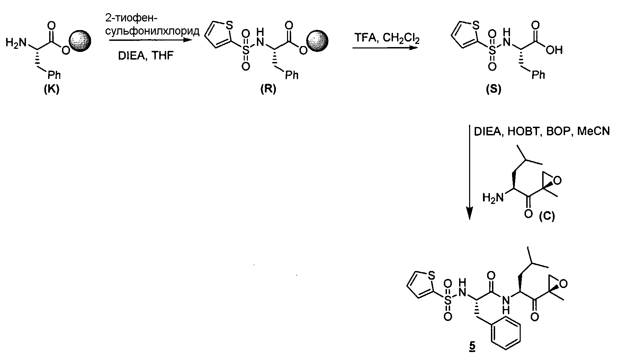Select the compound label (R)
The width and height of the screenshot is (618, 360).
coord(268,90)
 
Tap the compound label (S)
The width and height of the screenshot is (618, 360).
coord(493,90)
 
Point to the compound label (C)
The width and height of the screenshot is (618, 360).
coord(547,217)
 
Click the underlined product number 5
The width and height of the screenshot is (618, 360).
coord(472,346)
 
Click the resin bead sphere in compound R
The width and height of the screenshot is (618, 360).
coord(318,40)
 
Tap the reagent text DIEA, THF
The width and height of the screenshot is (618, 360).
coord(145,55)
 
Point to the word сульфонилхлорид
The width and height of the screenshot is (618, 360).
coord(152,31)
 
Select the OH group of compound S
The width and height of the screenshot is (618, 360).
coord(554,50)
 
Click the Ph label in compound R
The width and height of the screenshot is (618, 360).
coord(292,75)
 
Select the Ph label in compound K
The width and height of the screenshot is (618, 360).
coord(54,75)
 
